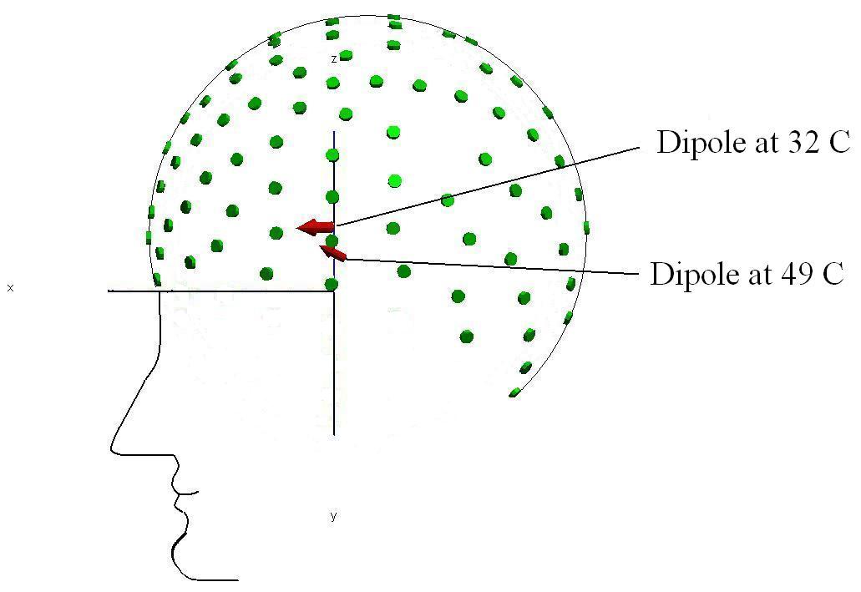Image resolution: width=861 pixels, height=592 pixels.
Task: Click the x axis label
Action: pos(10,288)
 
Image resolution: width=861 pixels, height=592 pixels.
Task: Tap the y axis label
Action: pos(333,516)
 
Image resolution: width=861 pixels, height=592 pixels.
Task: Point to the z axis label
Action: pos(333,59)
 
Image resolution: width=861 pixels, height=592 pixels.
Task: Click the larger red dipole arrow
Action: pos(316,226)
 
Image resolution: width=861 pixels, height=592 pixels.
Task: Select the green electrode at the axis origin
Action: pos(332,285)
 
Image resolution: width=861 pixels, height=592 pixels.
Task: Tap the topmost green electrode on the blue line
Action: pos(332,154)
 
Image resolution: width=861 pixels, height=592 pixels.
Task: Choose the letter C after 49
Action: pos(833,274)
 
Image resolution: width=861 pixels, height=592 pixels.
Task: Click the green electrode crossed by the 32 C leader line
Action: pos(448,200)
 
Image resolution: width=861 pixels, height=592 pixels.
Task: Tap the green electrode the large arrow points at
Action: pos(276,233)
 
